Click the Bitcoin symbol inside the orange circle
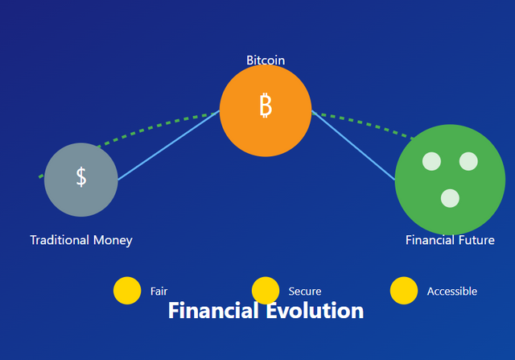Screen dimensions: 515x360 point(266,106)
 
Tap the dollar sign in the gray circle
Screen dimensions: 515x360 point(81,177)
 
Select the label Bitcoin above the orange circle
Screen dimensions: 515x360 point(266,60)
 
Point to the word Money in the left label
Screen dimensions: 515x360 point(113,241)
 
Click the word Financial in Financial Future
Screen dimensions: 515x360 point(430,240)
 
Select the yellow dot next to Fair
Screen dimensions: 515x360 point(127,291)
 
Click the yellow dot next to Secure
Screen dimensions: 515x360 point(266,291)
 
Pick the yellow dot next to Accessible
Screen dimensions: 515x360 point(404,291)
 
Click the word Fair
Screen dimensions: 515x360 point(159,292)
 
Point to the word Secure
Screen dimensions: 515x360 point(305,292)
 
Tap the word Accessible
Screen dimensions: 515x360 point(452,292)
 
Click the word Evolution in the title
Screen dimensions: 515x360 point(315,311)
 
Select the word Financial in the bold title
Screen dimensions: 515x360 point(213,311)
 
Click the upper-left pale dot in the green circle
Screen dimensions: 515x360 point(431,161)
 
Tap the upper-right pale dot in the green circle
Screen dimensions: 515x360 point(468,161)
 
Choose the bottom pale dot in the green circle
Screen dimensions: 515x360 point(450,198)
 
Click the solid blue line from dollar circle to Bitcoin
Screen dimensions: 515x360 point(168,145)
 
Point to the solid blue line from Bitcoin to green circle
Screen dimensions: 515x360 point(353,145)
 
